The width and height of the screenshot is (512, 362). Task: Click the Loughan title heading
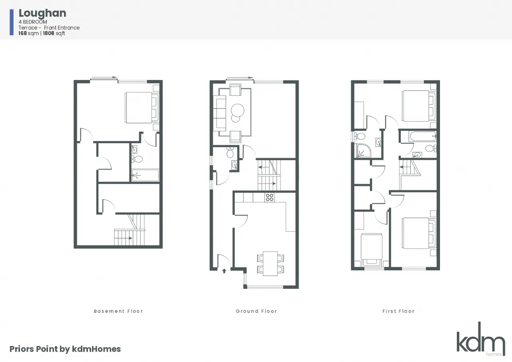(42, 14)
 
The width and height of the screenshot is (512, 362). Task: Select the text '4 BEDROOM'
(33, 22)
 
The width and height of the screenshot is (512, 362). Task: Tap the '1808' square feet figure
(48, 33)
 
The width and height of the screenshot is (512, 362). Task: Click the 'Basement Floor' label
(118, 311)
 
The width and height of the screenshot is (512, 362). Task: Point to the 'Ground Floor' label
(256, 311)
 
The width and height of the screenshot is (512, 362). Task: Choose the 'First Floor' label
(398, 311)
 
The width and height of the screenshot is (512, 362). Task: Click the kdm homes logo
(481, 339)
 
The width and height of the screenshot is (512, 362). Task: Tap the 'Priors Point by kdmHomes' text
(65, 349)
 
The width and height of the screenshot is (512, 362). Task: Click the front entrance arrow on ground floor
(224, 271)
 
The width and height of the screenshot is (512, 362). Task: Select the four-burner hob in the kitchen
(270, 197)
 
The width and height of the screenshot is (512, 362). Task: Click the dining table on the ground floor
(270, 264)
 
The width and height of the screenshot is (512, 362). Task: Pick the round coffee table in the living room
(238, 110)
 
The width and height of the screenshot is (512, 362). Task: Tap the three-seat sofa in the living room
(220, 112)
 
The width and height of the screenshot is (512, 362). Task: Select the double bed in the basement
(142, 108)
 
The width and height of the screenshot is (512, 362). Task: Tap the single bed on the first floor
(372, 250)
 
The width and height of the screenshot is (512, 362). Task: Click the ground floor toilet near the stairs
(230, 153)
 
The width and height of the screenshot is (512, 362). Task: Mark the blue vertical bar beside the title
(12, 22)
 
